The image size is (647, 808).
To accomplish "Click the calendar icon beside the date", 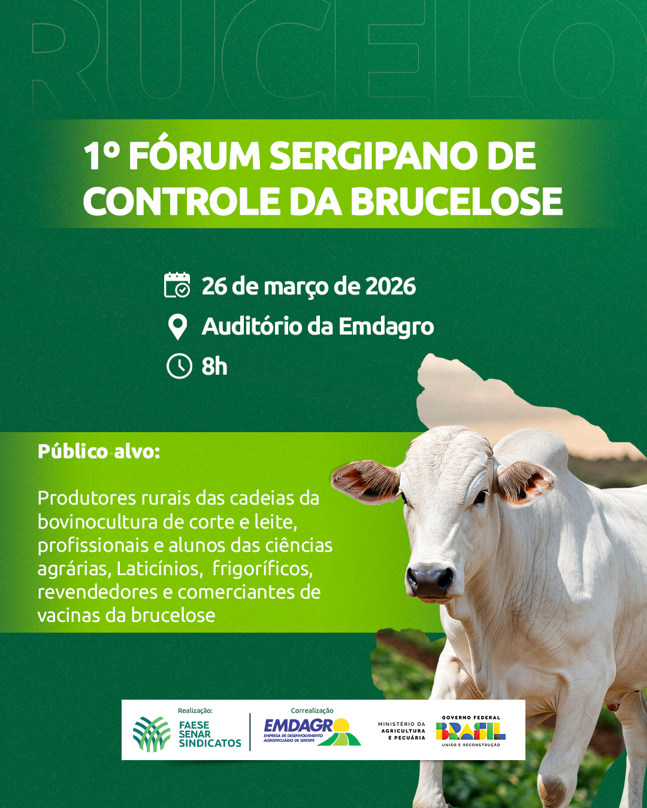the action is [x=177, y=285].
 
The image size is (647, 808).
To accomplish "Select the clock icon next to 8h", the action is [x=179, y=366].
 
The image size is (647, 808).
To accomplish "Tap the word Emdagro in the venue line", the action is [x=386, y=326].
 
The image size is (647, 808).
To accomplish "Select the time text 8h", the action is [x=214, y=366].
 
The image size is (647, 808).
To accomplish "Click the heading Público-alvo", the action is [x=99, y=452].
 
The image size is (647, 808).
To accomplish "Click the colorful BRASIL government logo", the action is [x=471, y=731].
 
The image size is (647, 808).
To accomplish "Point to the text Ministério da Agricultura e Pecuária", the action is [x=401, y=731].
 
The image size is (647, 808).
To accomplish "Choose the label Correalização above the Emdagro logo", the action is [x=312, y=710].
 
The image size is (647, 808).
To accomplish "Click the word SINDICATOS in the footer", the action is [x=210, y=743].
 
